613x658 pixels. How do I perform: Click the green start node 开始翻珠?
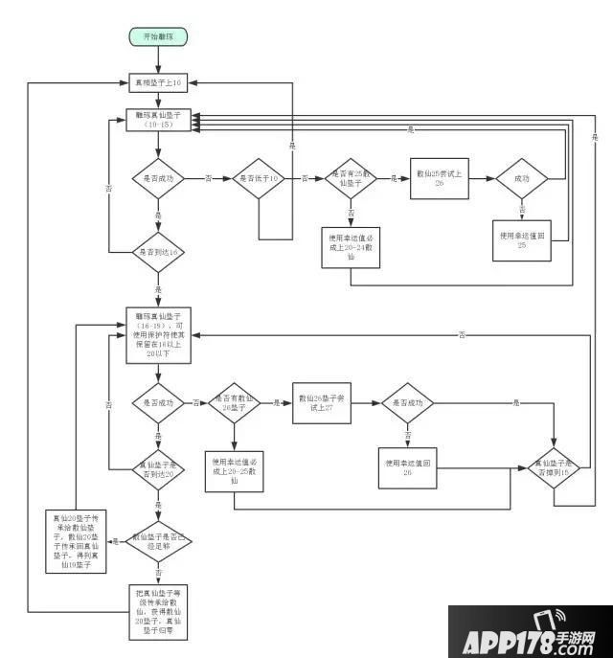159,36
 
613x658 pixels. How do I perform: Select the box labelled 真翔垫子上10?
159,84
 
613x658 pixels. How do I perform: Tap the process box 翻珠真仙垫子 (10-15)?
159,120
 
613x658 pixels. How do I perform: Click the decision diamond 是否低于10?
261,178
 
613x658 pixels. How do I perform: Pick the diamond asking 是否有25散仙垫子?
352,178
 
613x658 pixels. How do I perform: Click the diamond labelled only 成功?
522,178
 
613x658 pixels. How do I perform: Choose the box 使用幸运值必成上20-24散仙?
352,247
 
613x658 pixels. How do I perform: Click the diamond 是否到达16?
159,252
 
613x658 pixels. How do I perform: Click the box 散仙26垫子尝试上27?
320,404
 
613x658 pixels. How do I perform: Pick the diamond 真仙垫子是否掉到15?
556,469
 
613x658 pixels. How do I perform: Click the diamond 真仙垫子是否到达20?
159,468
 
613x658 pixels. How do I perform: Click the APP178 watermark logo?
530,632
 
